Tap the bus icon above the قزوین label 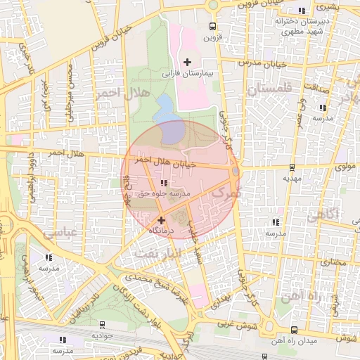[212, 28]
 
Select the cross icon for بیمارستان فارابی [187, 62]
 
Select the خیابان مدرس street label [263, 63]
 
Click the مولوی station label [309, 167]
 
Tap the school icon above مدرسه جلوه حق [164, 183]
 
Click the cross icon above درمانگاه [161, 220]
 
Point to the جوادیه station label [103, 335]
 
